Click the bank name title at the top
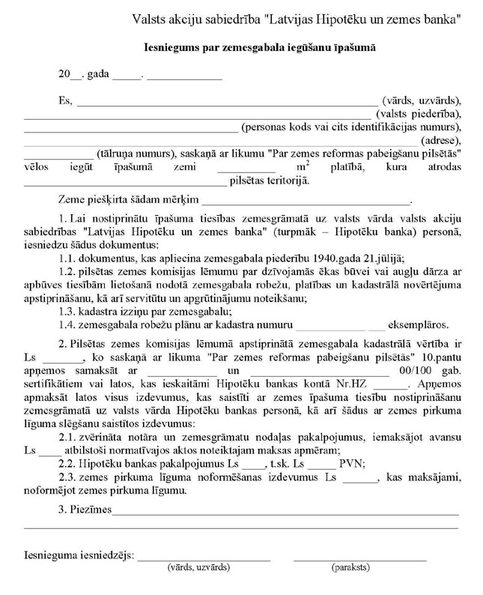(x=296, y=19)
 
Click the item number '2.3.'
(x=70, y=478)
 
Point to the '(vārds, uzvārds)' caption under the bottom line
(x=198, y=569)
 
